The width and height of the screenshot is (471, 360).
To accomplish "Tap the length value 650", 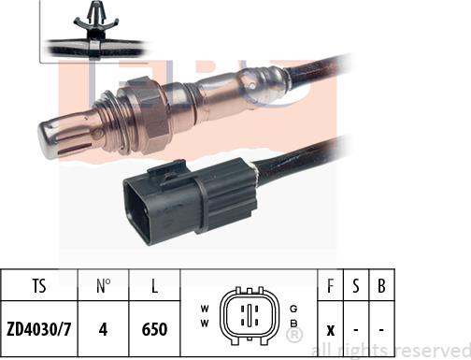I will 152,330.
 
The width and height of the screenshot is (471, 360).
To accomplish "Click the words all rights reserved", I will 390,350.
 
